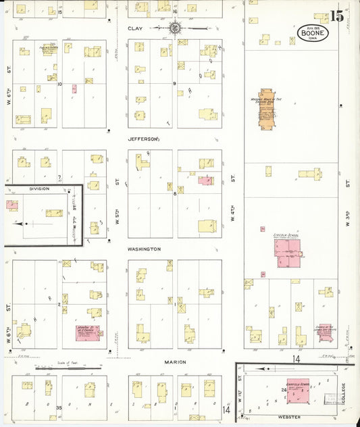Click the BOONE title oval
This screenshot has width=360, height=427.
point(313,33)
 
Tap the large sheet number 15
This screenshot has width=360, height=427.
point(336,16)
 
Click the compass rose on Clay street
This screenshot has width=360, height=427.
point(175,28)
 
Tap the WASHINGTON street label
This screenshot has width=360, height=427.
point(144,249)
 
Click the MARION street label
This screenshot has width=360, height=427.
point(174,361)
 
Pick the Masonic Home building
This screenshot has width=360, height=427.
point(266,108)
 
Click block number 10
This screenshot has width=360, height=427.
point(59,84)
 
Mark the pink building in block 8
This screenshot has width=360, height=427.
point(205,180)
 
